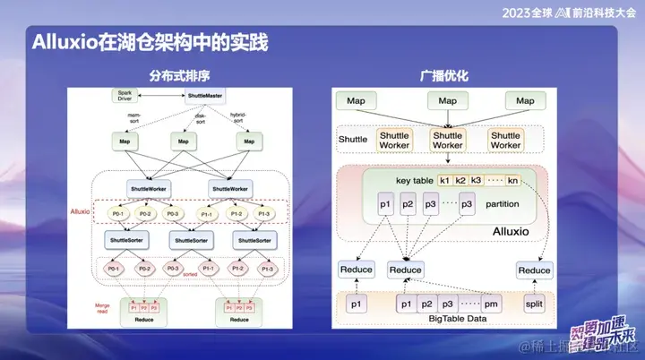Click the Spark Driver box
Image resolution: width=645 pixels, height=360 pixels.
pyautogui.click(x=125, y=95)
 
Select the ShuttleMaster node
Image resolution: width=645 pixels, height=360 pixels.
pyautogui.click(x=205, y=95)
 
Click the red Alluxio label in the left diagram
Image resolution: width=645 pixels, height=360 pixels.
pyautogui.click(x=81, y=212)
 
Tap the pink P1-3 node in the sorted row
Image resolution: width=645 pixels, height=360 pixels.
pyautogui.click(x=266, y=269)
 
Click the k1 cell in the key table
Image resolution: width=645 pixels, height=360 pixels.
pyautogui.click(x=445, y=180)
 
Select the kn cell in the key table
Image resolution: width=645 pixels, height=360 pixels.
pyautogui.click(x=512, y=180)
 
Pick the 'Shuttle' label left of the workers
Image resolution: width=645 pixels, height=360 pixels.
pyautogui.click(x=352, y=140)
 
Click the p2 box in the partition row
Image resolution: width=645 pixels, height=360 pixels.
pyautogui.click(x=408, y=204)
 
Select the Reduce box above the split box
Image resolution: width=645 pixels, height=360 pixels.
pyautogui.click(x=535, y=270)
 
